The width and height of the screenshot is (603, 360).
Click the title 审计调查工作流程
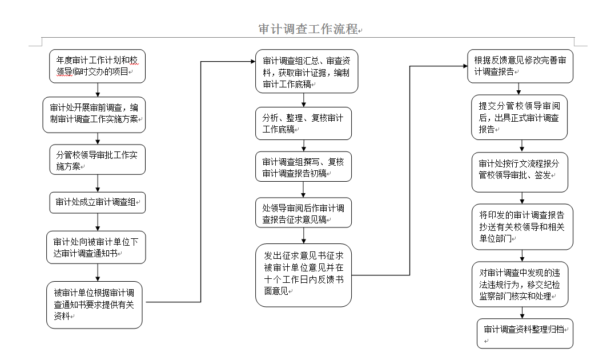point(308,29)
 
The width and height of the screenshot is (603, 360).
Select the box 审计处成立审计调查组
point(97,202)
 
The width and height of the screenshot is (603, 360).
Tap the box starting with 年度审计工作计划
point(97,66)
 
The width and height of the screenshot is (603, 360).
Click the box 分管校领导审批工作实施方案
point(97,160)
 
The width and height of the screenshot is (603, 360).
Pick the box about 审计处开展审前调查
point(94,115)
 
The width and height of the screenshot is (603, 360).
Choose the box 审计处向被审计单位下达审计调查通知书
point(96,247)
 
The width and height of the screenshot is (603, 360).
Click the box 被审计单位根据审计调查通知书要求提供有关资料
point(94,305)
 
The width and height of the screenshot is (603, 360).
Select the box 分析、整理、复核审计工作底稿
point(303,123)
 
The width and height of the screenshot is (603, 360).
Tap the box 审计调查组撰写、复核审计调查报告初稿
point(303,167)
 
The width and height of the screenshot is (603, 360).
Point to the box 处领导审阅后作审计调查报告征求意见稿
point(303,213)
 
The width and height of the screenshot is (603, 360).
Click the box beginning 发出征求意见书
point(303,275)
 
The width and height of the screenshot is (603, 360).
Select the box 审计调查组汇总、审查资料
point(307,71)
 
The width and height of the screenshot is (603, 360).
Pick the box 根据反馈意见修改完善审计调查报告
point(520,66)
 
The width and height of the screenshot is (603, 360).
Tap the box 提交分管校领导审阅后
point(519,118)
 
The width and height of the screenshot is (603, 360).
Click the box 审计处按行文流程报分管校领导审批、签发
point(520,172)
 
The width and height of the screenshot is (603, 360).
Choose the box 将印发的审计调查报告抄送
point(522,227)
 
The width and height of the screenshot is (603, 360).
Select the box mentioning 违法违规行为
point(520,285)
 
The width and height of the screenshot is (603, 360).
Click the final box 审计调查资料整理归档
point(525,334)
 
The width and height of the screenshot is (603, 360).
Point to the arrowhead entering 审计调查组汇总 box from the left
point(252,61)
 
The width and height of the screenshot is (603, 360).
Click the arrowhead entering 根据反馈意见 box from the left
point(465,66)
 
